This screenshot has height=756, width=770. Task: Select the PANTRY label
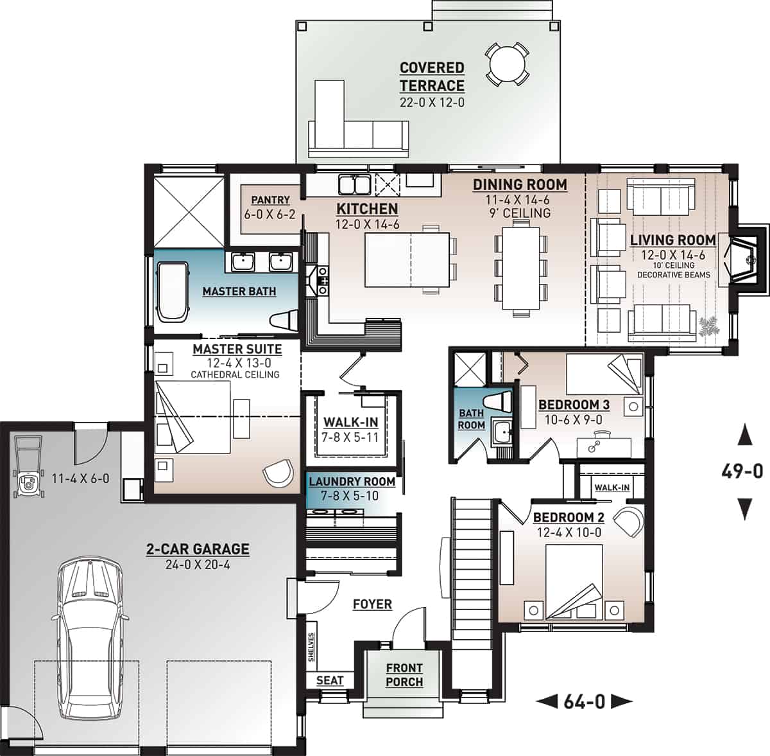point(270,200)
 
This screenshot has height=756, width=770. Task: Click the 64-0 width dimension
point(584,701)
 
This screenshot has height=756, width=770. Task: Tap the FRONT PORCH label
point(404,675)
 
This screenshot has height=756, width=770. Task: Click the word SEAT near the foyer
point(330,680)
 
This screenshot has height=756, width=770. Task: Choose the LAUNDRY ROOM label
point(351,481)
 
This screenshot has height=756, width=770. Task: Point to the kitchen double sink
point(354,184)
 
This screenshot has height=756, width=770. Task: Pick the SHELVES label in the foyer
point(312,647)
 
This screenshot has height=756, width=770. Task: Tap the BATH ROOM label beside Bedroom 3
point(471,419)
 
